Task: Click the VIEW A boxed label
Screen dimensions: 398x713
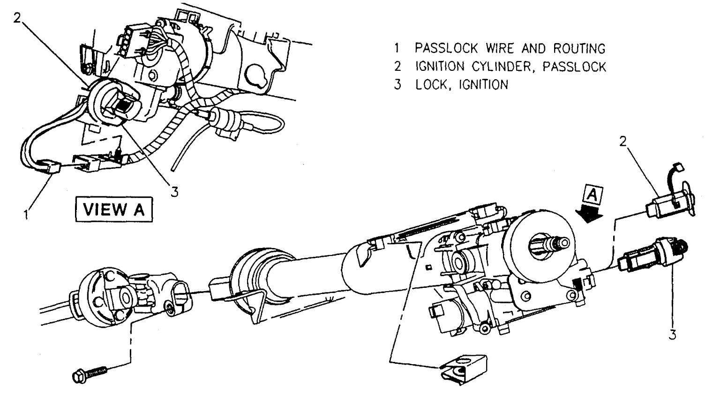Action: tap(114, 209)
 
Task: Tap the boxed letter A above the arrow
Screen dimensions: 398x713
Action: tap(592, 194)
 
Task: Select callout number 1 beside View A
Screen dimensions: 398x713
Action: tap(27, 215)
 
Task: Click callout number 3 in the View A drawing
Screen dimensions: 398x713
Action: tap(174, 192)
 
